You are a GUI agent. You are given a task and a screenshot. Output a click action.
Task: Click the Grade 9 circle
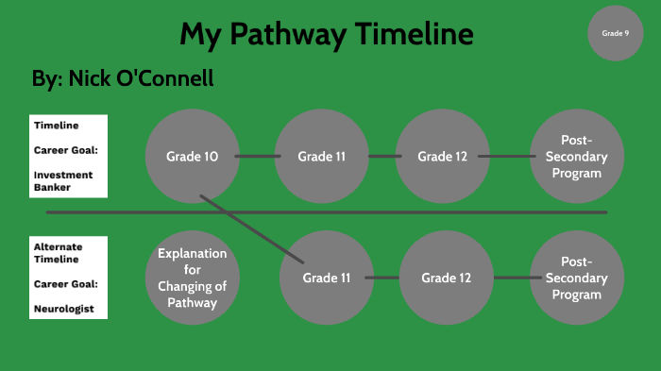(x=615, y=33)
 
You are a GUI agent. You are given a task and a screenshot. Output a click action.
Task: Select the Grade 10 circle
(x=193, y=156)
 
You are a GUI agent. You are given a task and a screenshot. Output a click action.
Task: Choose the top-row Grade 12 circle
(x=443, y=156)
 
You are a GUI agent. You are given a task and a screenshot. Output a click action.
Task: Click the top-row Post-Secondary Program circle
(x=577, y=157)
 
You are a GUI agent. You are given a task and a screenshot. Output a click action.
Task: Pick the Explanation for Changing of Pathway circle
(x=193, y=278)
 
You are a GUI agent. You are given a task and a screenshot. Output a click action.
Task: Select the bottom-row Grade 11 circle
(x=327, y=278)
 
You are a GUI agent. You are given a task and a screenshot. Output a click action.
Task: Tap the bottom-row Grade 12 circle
(x=446, y=278)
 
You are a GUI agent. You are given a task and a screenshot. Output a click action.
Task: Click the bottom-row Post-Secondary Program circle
(x=577, y=278)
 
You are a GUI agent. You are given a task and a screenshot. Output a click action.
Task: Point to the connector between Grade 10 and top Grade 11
(x=258, y=156)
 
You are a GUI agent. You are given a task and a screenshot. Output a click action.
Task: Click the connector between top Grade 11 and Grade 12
(x=383, y=156)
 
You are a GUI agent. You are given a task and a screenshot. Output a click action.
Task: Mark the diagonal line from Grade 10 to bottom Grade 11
(x=251, y=228)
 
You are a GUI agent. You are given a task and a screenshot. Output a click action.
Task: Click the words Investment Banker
(x=65, y=181)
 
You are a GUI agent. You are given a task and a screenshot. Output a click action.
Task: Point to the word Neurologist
(x=65, y=309)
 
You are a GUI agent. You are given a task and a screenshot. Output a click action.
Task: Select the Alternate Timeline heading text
(x=58, y=251)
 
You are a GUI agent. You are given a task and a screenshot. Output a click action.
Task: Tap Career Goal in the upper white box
(x=65, y=149)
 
